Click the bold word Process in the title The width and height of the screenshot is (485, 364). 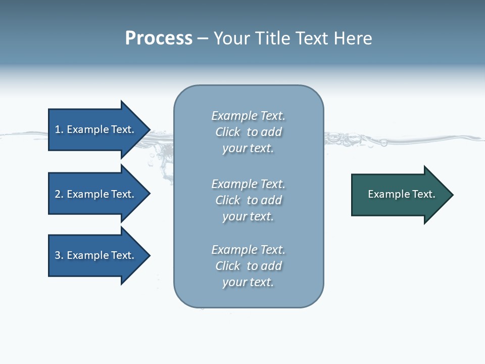point(159,38)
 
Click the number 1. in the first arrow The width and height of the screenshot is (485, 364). point(59,129)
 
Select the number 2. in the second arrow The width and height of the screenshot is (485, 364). point(59,194)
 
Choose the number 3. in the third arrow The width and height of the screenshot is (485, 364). point(59,255)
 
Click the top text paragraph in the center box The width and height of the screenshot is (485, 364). point(249,132)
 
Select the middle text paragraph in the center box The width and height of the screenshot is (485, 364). point(249,200)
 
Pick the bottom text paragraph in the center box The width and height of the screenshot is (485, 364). point(249,266)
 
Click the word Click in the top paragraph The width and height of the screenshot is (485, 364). point(228,132)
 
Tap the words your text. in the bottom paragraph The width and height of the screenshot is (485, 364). point(248,282)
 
